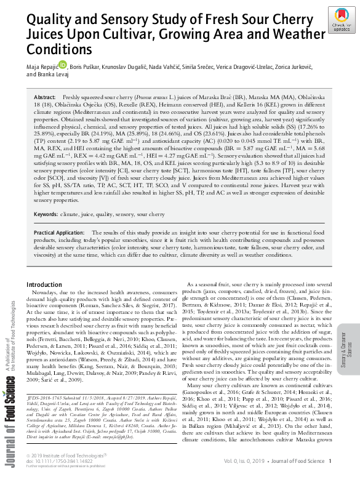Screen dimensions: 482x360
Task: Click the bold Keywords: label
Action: pyautogui.click(x=47, y=214)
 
